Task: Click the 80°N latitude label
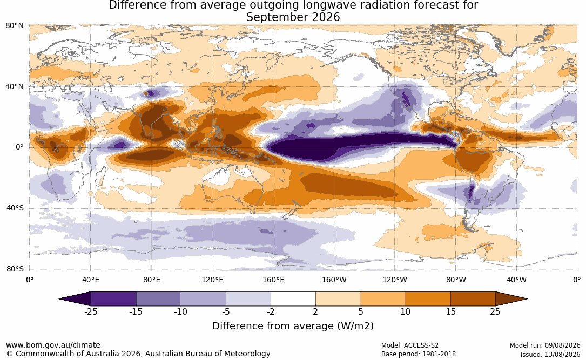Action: (x=15, y=26)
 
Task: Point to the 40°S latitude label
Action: (x=15, y=208)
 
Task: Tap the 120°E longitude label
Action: (x=213, y=280)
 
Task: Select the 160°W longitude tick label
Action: (x=334, y=280)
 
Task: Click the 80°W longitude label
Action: (x=456, y=280)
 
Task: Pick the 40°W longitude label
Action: (x=516, y=280)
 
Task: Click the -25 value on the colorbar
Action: (x=91, y=312)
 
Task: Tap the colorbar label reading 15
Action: (x=450, y=312)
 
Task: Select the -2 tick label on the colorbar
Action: (x=271, y=312)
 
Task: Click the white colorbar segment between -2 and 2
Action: (x=293, y=299)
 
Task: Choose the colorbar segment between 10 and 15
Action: (x=428, y=299)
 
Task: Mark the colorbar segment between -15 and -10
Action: (x=158, y=299)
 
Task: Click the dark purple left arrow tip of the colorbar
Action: (x=59, y=299)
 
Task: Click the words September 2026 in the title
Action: (x=293, y=17)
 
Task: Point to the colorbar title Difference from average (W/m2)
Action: (x=293, y=326)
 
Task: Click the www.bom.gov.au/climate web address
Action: (x=53, y=345)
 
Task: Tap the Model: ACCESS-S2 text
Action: (x=410, y=345)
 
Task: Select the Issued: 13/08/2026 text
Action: (x=550, y=354)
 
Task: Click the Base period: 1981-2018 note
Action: (x=419, y=354)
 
